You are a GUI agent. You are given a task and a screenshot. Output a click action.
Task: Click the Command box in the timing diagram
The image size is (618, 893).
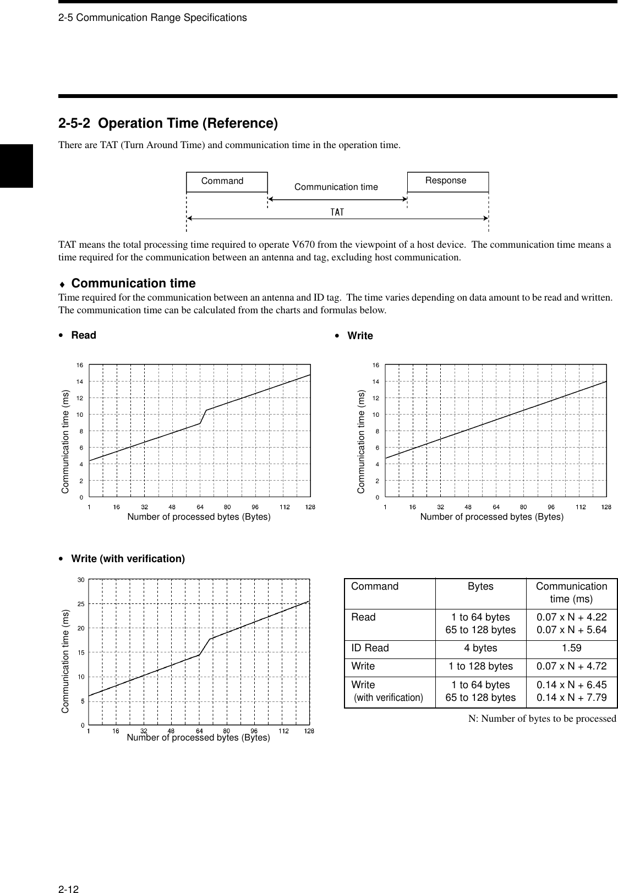click(x=226, y=182)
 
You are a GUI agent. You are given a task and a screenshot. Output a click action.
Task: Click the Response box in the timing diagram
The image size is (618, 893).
click(x=447, y=181)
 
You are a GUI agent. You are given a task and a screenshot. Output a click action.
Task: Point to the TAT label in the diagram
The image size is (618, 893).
click(x=337, y=212)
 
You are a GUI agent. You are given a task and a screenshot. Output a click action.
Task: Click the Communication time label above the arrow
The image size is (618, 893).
click(x=336, y=187)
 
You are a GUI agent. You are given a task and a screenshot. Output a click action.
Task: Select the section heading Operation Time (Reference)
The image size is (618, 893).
click(x=168, y=123)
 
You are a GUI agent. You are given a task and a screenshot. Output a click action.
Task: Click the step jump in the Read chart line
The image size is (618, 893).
click(x=203, y=417)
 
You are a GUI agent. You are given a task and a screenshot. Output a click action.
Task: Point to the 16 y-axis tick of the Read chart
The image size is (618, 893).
click(x=80, y=365)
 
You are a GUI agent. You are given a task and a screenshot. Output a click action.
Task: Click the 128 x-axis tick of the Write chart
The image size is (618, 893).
click(x=606, y=507)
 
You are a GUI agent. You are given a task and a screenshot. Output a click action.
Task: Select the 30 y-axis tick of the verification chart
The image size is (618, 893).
click(x=80, y=579)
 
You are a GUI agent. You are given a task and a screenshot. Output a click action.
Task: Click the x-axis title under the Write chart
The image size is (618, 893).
click(x=491, y=517)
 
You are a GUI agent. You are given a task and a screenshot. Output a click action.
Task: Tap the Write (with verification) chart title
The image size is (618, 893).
click(x=128, y=559)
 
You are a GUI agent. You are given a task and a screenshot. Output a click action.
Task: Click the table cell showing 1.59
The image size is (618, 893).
click(x=571, y=648)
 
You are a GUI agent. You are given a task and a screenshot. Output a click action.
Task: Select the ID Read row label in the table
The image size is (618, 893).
click(x=370, y=648)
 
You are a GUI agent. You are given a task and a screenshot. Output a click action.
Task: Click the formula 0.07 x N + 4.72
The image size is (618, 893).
click(x=571, y=666)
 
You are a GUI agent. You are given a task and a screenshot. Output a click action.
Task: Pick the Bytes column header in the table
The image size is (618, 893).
click(x=480, y=587)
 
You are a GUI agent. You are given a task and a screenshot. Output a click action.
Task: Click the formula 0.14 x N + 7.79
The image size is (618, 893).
click(x=571, y=698)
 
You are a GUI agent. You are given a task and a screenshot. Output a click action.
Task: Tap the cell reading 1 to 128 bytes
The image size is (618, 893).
click(x=480, y=666)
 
